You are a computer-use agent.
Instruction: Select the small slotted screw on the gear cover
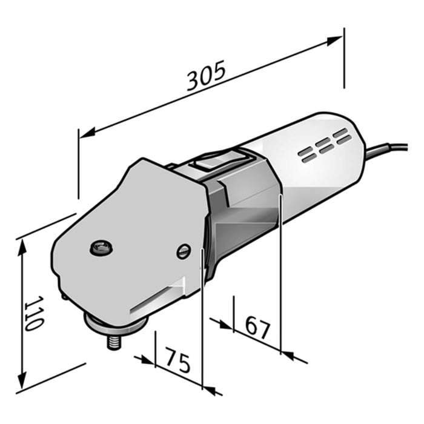tap(184, 252)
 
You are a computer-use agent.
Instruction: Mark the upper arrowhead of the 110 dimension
tap(23, 245)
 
